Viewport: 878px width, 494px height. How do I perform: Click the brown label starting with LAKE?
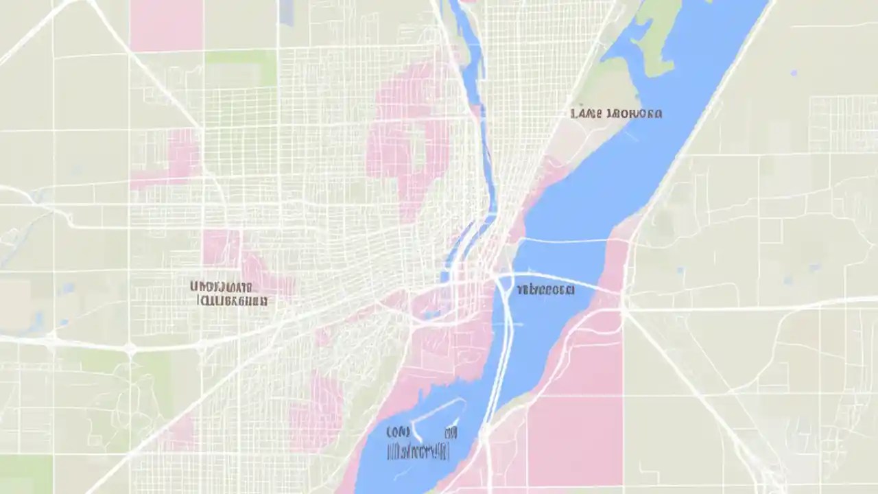pos(616,113)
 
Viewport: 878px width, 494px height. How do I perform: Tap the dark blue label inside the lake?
pos(546,290)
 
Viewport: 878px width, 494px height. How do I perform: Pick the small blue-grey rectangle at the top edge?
pos(286,12)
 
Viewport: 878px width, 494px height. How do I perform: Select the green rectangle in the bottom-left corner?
pos(25,473)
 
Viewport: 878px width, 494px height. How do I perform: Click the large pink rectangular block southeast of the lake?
pos(575,439)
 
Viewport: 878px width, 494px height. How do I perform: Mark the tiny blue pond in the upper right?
pos(794,72)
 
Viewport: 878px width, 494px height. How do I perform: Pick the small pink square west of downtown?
pos(220,247)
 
